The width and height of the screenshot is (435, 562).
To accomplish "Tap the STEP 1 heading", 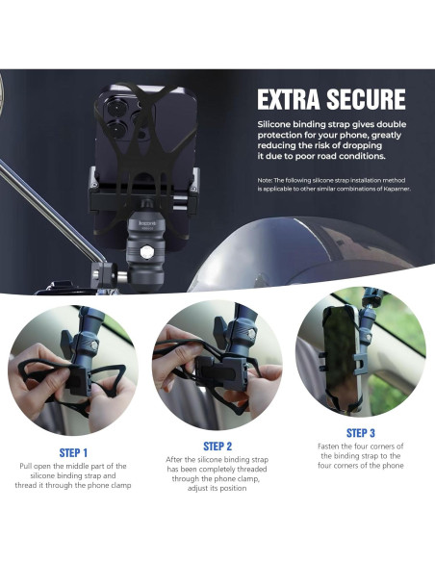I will point(72,452).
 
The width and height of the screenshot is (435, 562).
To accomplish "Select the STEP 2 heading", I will point(217,447).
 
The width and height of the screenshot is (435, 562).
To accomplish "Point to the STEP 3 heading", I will point(360,433).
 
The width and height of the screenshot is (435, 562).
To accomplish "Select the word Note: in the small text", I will point(268,181).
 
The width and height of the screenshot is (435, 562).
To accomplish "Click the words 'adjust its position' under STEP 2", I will point(217,489).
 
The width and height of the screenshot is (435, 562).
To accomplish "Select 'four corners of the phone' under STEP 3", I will point(360,466).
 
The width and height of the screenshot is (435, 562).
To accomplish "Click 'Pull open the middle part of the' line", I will point(72,466).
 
